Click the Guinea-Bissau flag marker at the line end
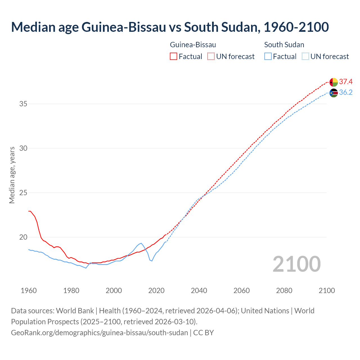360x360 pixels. [334, 82]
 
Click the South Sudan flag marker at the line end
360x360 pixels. [334, 93]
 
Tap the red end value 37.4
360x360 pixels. [346, 82]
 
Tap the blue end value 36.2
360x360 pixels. [346, 93]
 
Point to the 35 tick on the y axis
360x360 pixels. [23, 104]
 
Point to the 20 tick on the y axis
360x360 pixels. [23, 237]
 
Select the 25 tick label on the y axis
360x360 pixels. [23, 193]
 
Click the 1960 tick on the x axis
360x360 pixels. [29, 291]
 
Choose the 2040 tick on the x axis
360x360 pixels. [199, 291]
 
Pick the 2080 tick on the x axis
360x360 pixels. [284, 291]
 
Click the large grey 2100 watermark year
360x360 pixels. [296, 264]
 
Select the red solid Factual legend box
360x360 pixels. [174, 57]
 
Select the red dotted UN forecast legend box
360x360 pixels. [211, 57]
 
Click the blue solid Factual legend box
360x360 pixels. [268, 57]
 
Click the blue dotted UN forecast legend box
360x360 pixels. [305, 57]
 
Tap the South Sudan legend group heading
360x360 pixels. [284, 45]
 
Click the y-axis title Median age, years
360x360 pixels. [12, 175]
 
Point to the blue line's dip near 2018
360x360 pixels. [152, 261]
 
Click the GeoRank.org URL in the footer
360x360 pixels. [99, 333]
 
